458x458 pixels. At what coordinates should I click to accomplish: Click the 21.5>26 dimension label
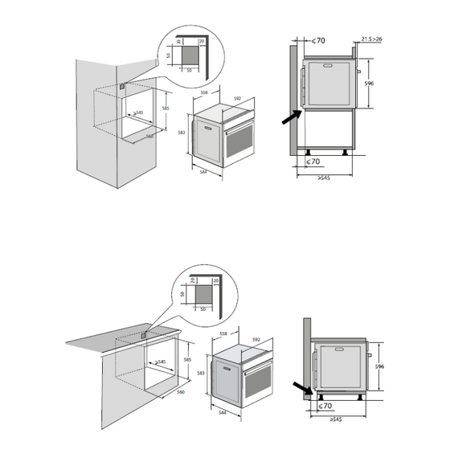(x=371, y=38)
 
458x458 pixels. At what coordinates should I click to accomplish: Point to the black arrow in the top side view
(x=290, y=117)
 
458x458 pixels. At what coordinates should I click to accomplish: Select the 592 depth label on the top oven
(x=237, y=99)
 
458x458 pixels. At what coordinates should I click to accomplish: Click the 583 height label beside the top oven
(x=183, y=133)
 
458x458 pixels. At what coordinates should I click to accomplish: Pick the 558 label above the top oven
(x=204, y=93)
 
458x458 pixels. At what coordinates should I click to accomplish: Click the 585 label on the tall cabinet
(x=165, y=108)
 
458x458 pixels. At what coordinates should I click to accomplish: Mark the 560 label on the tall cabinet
(x=149, y=137)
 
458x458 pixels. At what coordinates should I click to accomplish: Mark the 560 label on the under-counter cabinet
(x=180, y=391)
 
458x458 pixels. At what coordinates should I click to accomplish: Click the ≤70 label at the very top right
(x=318, y=40)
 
